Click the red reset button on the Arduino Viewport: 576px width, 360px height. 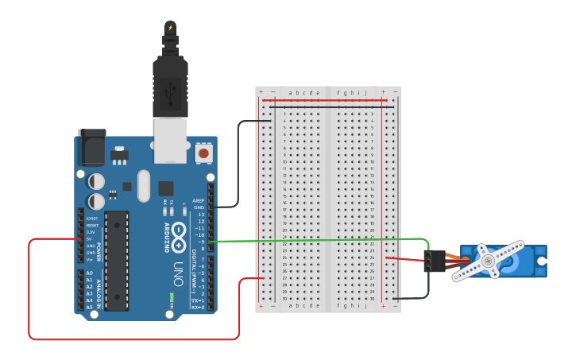[204, 153]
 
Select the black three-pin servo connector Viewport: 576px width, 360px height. [434, 261]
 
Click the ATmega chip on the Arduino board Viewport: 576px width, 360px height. [116, 260]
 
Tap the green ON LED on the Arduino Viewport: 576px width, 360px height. [171, 300]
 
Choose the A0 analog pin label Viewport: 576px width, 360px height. [89, 273]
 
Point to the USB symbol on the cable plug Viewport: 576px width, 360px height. [170, 94]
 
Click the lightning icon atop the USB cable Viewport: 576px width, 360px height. [170, 29]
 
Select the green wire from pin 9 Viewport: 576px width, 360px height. [318, 240]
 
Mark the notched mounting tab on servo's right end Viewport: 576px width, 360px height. [541, 261]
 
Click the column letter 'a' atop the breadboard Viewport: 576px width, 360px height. [291, 93]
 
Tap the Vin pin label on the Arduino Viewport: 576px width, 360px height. [89, 259]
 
